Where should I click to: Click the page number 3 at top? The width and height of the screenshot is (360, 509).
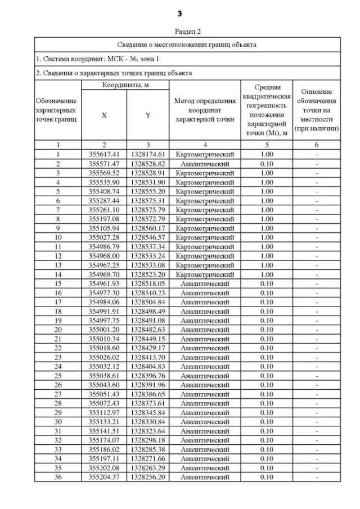click(179, 12)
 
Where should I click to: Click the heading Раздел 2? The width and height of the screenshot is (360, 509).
click(179, 32)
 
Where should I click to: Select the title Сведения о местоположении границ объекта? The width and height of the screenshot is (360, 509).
click(187, 44)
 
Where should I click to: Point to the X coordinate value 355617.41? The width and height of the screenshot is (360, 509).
click(104, 154)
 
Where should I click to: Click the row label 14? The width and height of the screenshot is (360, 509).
click(58, 274)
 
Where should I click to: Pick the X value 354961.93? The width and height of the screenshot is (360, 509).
click(104, 283)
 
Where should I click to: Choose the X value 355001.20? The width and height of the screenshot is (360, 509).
click(104, 330)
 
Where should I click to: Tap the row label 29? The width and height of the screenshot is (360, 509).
click(58, 413)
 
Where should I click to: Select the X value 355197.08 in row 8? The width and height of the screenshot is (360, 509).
click(104, 219)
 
